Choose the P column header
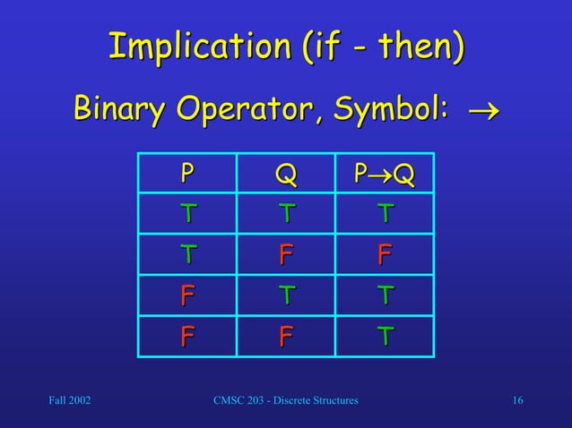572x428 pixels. (186, 172)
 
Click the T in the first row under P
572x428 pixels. (186, 213)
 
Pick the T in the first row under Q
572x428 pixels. (285, 213)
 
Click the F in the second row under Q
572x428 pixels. (285, 254)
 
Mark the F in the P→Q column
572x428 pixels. (385, 254)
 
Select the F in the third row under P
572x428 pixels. (186, 295)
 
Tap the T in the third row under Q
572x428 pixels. (285, 295)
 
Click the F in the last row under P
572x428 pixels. (186, 336)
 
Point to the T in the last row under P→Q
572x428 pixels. (385, 336)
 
